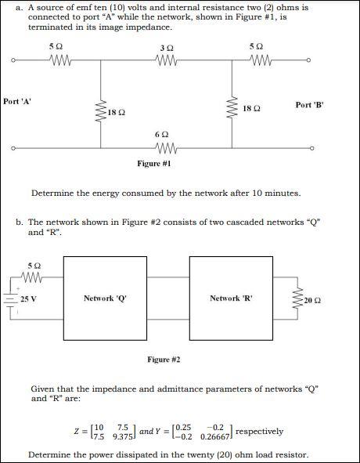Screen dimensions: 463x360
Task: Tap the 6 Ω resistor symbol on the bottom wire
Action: [x=165, y=148]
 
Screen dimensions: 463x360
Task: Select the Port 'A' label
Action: [x=18, y=101]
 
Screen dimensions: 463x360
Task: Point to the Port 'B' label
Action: [x=310, y=104]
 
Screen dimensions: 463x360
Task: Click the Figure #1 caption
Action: [x=154, y=164]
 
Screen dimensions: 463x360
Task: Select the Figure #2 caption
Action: [x=164, y=360]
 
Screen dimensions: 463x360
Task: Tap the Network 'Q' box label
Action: [x=105, y=298]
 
